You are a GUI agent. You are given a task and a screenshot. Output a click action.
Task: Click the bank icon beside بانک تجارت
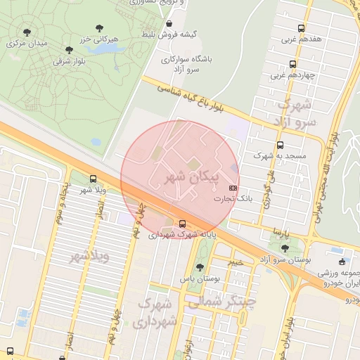coord(233,188)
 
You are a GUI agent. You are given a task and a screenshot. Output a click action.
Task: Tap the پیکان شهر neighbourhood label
coord(191,176)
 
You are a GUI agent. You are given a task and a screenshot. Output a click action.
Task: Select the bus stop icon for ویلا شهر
coord(94,179)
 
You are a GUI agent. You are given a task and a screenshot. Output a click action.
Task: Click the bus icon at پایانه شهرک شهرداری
coord(183,224)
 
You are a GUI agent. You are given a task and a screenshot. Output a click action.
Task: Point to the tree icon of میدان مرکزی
coord(27,32)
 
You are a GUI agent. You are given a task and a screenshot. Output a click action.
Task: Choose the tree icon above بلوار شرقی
coord(69,50)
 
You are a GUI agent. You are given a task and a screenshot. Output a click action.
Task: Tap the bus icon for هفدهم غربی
coord(301,28)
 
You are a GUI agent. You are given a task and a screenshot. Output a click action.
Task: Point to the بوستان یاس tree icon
coord(200,267)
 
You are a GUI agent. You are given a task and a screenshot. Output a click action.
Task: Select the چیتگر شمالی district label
coord(220,301)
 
